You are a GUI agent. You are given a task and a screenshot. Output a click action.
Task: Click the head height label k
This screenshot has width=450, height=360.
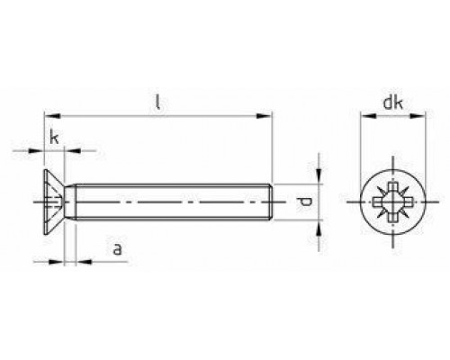[55, 139]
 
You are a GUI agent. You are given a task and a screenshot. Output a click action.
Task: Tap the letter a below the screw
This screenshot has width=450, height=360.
[117, 248]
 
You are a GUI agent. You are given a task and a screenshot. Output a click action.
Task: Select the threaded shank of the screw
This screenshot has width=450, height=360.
[171, 203]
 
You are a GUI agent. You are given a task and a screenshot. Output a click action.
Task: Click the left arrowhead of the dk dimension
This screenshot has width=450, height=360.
[364, 116]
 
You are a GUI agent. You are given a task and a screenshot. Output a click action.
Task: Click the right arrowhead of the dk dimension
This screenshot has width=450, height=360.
[418, 116]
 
